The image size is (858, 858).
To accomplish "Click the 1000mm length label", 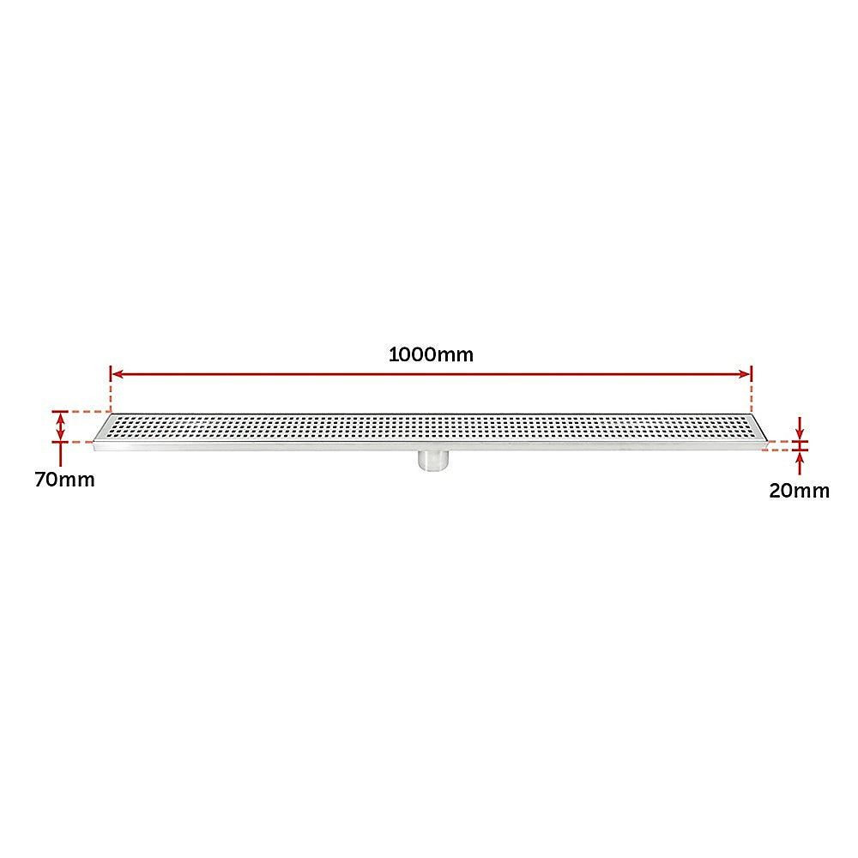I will point(431,354).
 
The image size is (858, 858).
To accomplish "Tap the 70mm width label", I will point(64,480).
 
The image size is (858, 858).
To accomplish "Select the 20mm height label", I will point(799,491).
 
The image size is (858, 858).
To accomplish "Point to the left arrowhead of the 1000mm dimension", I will point(118,374).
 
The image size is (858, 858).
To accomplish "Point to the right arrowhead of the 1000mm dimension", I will point(745,374).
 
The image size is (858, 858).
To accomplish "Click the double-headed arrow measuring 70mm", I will point(60,426).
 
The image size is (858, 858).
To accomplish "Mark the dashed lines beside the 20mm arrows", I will point(779,446).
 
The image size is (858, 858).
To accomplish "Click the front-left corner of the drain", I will point(94,444).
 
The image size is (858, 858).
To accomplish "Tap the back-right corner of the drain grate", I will point(752,415).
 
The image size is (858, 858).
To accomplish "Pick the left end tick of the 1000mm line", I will point(111,373).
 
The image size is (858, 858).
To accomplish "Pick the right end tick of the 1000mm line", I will point(752,373).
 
